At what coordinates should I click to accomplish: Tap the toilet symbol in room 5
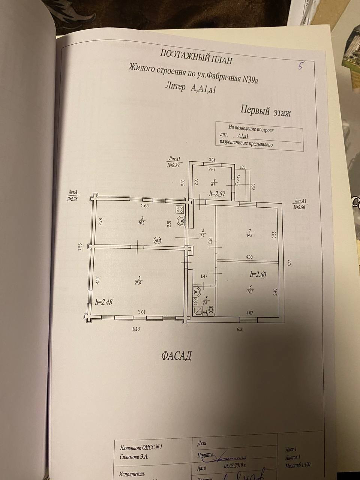pyautogui.click(x=211, y=310)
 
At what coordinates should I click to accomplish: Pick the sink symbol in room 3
pyautogui.click(x=181, y=221)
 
